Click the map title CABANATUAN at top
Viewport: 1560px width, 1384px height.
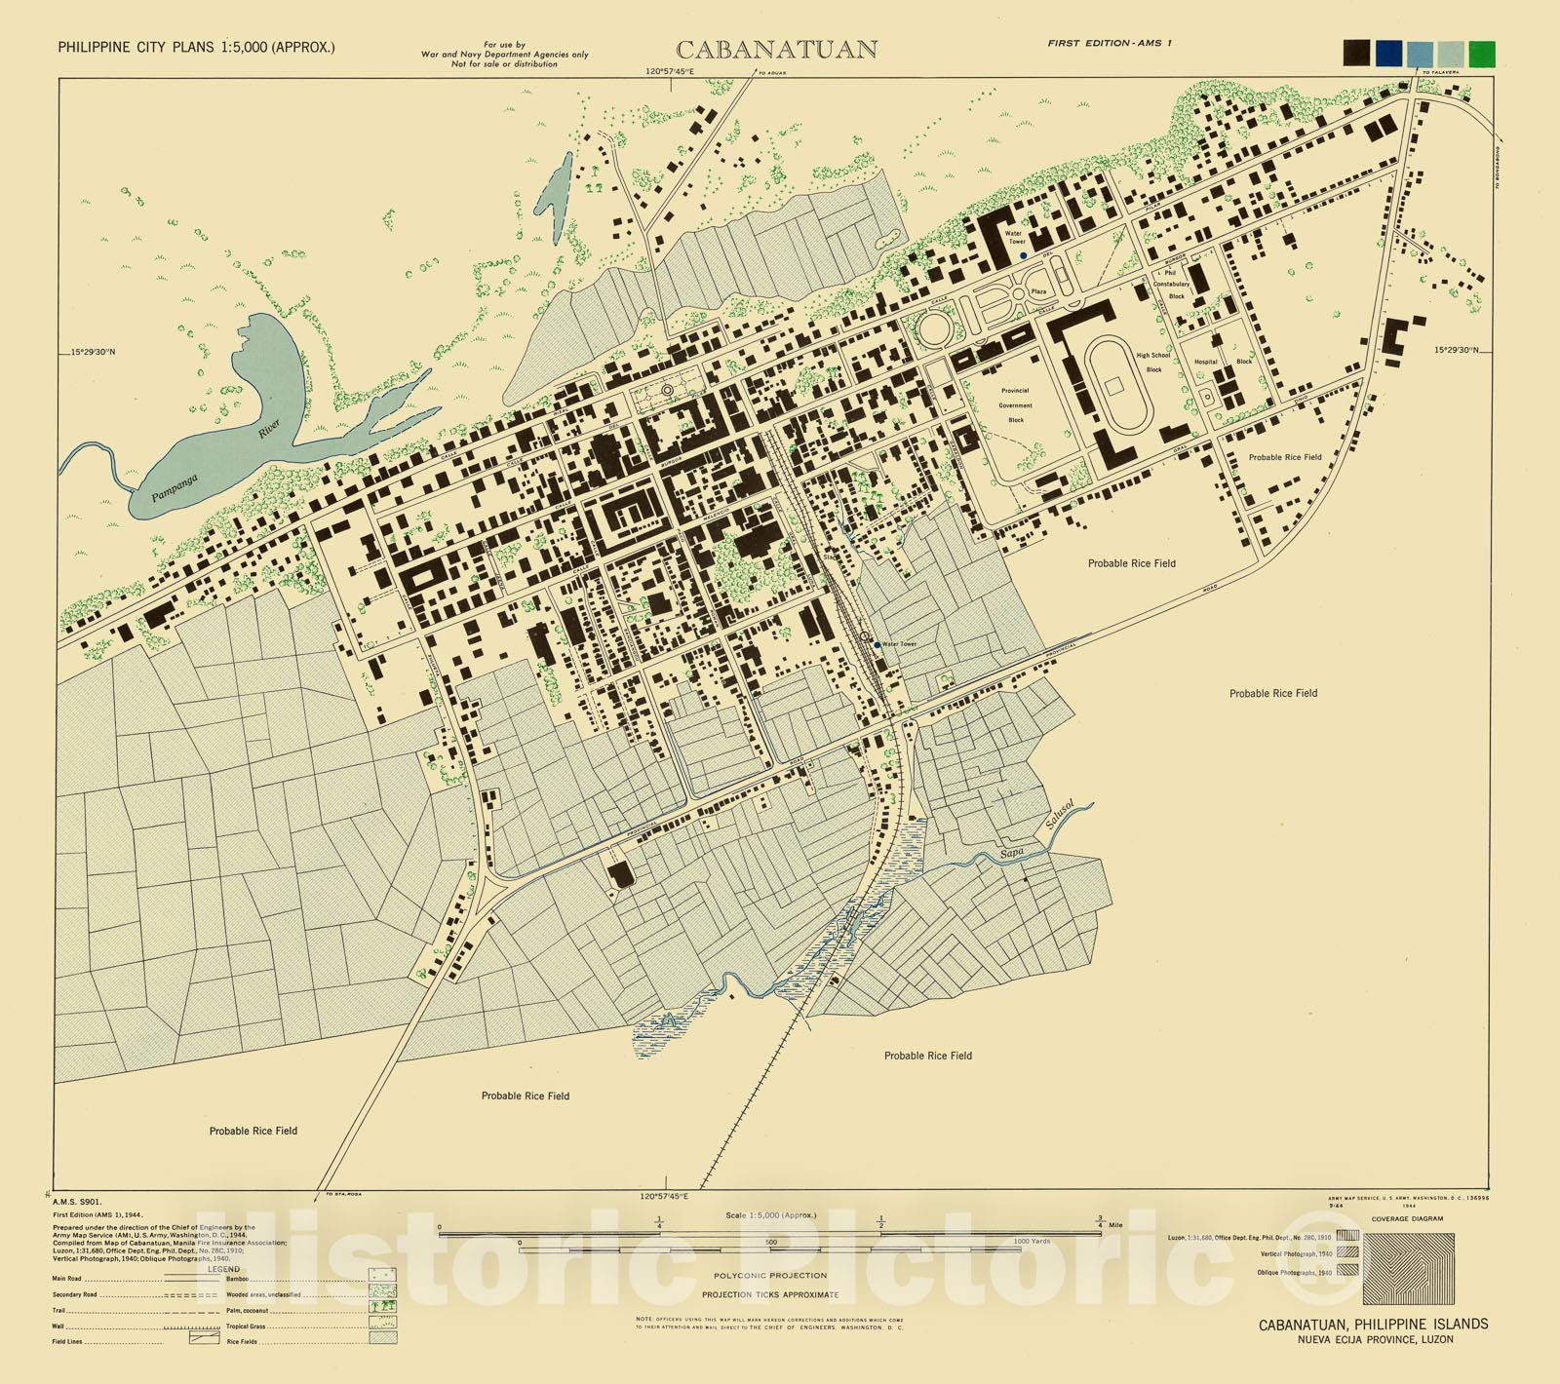(x=776, y=50)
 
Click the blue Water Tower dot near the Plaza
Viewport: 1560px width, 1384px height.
(x=1023, y=255)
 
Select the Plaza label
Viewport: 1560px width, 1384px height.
(x=1038, y=291)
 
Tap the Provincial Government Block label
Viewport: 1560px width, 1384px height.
(x=1015, y=405)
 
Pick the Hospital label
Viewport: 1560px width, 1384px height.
(x=1206, y=362)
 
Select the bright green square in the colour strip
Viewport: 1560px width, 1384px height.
(x=1482, y=53)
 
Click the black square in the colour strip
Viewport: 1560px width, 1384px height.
(x=1356, y=53)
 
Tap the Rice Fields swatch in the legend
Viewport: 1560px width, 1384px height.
(x=382, y=1338)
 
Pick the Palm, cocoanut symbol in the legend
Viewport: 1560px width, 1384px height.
(x=382, y=1306)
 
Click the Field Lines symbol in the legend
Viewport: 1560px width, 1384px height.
(x=205, y=1340)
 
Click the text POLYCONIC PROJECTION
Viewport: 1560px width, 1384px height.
(x=769, y=1275)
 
